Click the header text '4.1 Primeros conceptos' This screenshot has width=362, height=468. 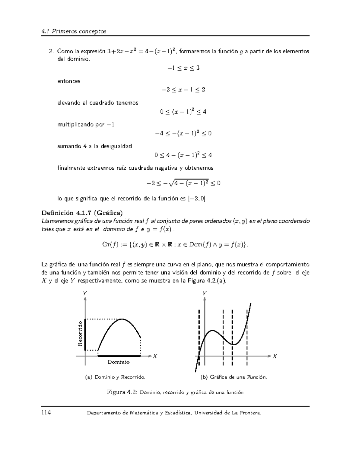pos(74,31)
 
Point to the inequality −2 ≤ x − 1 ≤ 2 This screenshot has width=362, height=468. pos(183,90)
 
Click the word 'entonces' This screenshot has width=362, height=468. pos(69,81)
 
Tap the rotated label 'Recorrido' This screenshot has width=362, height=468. pos(80,334)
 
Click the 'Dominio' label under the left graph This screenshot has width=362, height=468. pos(119,362)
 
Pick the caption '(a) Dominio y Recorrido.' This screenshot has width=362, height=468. pos(115,377)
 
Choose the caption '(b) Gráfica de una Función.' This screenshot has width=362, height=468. pos(234,377)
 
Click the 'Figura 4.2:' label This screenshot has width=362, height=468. pos(122,392)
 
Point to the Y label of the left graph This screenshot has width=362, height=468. pos(85,293)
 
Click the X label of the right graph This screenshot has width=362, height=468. pos(274,356)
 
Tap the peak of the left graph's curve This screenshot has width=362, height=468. pos(122,319)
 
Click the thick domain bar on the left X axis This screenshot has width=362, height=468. pos(119,356)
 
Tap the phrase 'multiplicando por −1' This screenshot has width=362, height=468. pos(86,124)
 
